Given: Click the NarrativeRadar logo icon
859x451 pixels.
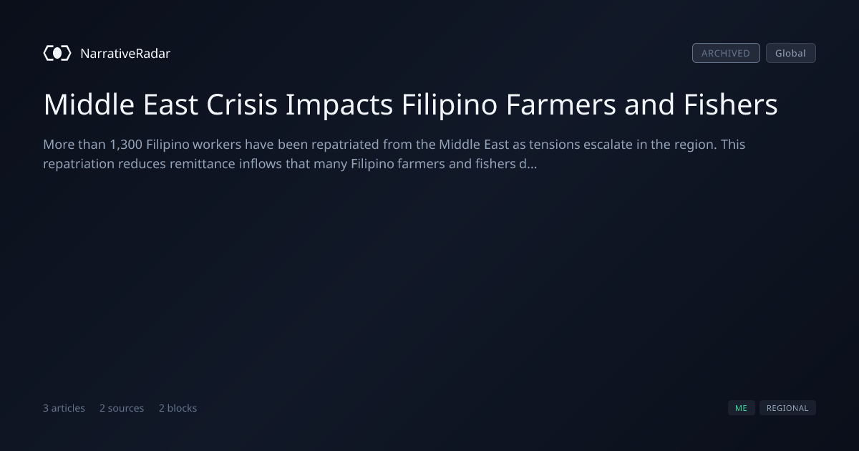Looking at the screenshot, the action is click(57, 53).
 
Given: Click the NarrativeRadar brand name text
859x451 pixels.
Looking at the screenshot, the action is click(125, 53).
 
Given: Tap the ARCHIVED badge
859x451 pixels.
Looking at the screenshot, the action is click(726, 53).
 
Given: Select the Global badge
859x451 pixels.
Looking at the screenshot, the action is click(791, 53).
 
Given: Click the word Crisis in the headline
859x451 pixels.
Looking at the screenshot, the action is click(242, 105).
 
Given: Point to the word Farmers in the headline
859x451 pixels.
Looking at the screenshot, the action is click(561, 105).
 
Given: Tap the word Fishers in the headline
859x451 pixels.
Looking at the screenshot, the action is click(731, 105).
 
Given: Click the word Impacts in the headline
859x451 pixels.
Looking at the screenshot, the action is click(339, 105).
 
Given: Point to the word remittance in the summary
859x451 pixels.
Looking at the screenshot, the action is click(203, 164).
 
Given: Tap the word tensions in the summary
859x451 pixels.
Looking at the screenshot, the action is click(555, 145).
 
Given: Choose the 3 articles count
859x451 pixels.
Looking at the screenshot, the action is click(64, 408).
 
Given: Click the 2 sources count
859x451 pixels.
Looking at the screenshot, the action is click(122, 408).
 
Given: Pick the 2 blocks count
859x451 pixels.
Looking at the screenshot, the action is click(178, 408).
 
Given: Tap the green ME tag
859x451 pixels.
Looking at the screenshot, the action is click(742, 407).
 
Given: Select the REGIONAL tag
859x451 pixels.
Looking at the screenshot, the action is click(787, 407).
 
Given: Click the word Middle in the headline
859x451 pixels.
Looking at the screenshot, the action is click(89, 105).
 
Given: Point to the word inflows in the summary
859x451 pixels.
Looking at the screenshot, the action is click(261, 164).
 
